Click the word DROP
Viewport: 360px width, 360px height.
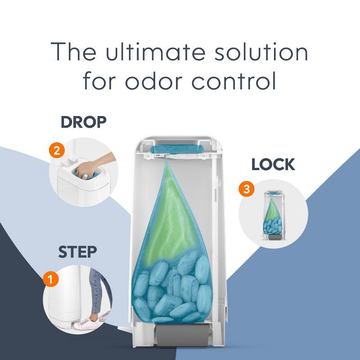point(84,122)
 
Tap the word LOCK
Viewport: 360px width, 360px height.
point(273,164)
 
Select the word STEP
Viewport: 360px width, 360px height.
point(77,252)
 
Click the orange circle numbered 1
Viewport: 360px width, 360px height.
point(51,279)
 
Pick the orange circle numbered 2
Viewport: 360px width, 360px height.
point(57,150)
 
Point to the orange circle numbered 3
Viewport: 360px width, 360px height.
point(246,189)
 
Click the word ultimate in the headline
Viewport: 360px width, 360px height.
point(155,52)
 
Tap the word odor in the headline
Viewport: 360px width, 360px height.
point(154,81)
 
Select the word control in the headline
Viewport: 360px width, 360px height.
point(234,81)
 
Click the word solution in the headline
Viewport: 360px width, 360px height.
point(261,52)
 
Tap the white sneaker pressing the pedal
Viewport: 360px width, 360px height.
point(88,323)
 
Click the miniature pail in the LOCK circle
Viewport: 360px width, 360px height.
point(273,216)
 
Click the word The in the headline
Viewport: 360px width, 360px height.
point(73,52)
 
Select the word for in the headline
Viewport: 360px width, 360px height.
point(99,81)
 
